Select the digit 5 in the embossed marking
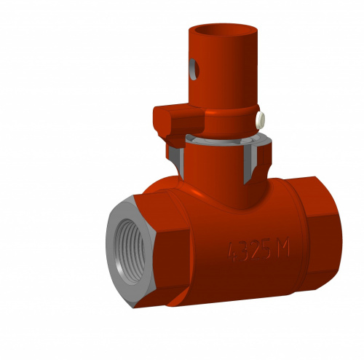[x=264, y=250]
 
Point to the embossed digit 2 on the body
[x=254, y=250]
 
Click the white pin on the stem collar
[x=261, y=120]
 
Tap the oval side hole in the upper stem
[x=194, y=69]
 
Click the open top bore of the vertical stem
[x=223, y=31]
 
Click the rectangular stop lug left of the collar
[x=178, y=121]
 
